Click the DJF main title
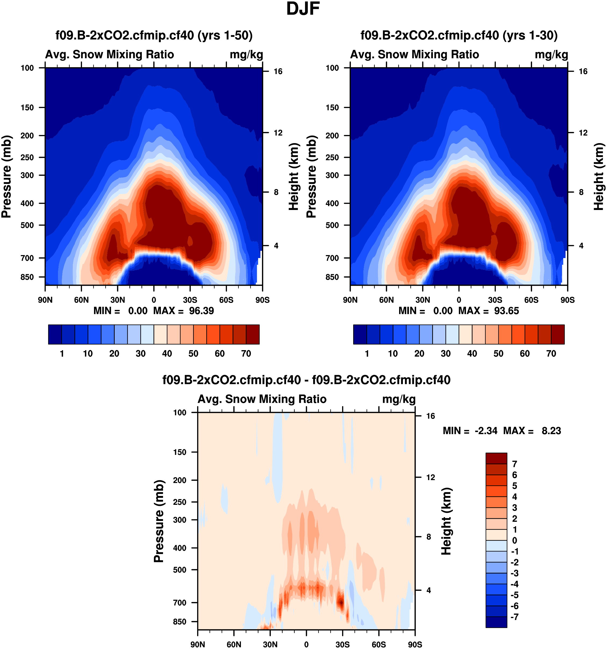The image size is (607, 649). coord(303,9)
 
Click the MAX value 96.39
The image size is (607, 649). coord(201,311)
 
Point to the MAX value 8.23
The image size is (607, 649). coord(551,431)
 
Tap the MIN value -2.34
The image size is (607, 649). coord(486,431)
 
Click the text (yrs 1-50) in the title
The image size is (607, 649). coord(225,35)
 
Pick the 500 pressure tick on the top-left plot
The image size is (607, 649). coord(27,225)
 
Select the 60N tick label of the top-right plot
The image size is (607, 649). coord(386,300)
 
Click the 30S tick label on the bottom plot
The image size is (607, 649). coord(342,644)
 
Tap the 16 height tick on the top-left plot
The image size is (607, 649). coord(278,71)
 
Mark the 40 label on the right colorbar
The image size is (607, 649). coord(472,354)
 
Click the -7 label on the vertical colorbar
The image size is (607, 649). coord(514,617)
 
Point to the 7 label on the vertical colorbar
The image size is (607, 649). coord(515,464)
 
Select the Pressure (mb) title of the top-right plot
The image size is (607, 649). coord(311,176)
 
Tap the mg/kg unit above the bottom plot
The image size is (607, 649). coord(399,399)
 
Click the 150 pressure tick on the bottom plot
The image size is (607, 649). coord(180,452)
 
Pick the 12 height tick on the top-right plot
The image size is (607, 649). coord(583,133)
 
